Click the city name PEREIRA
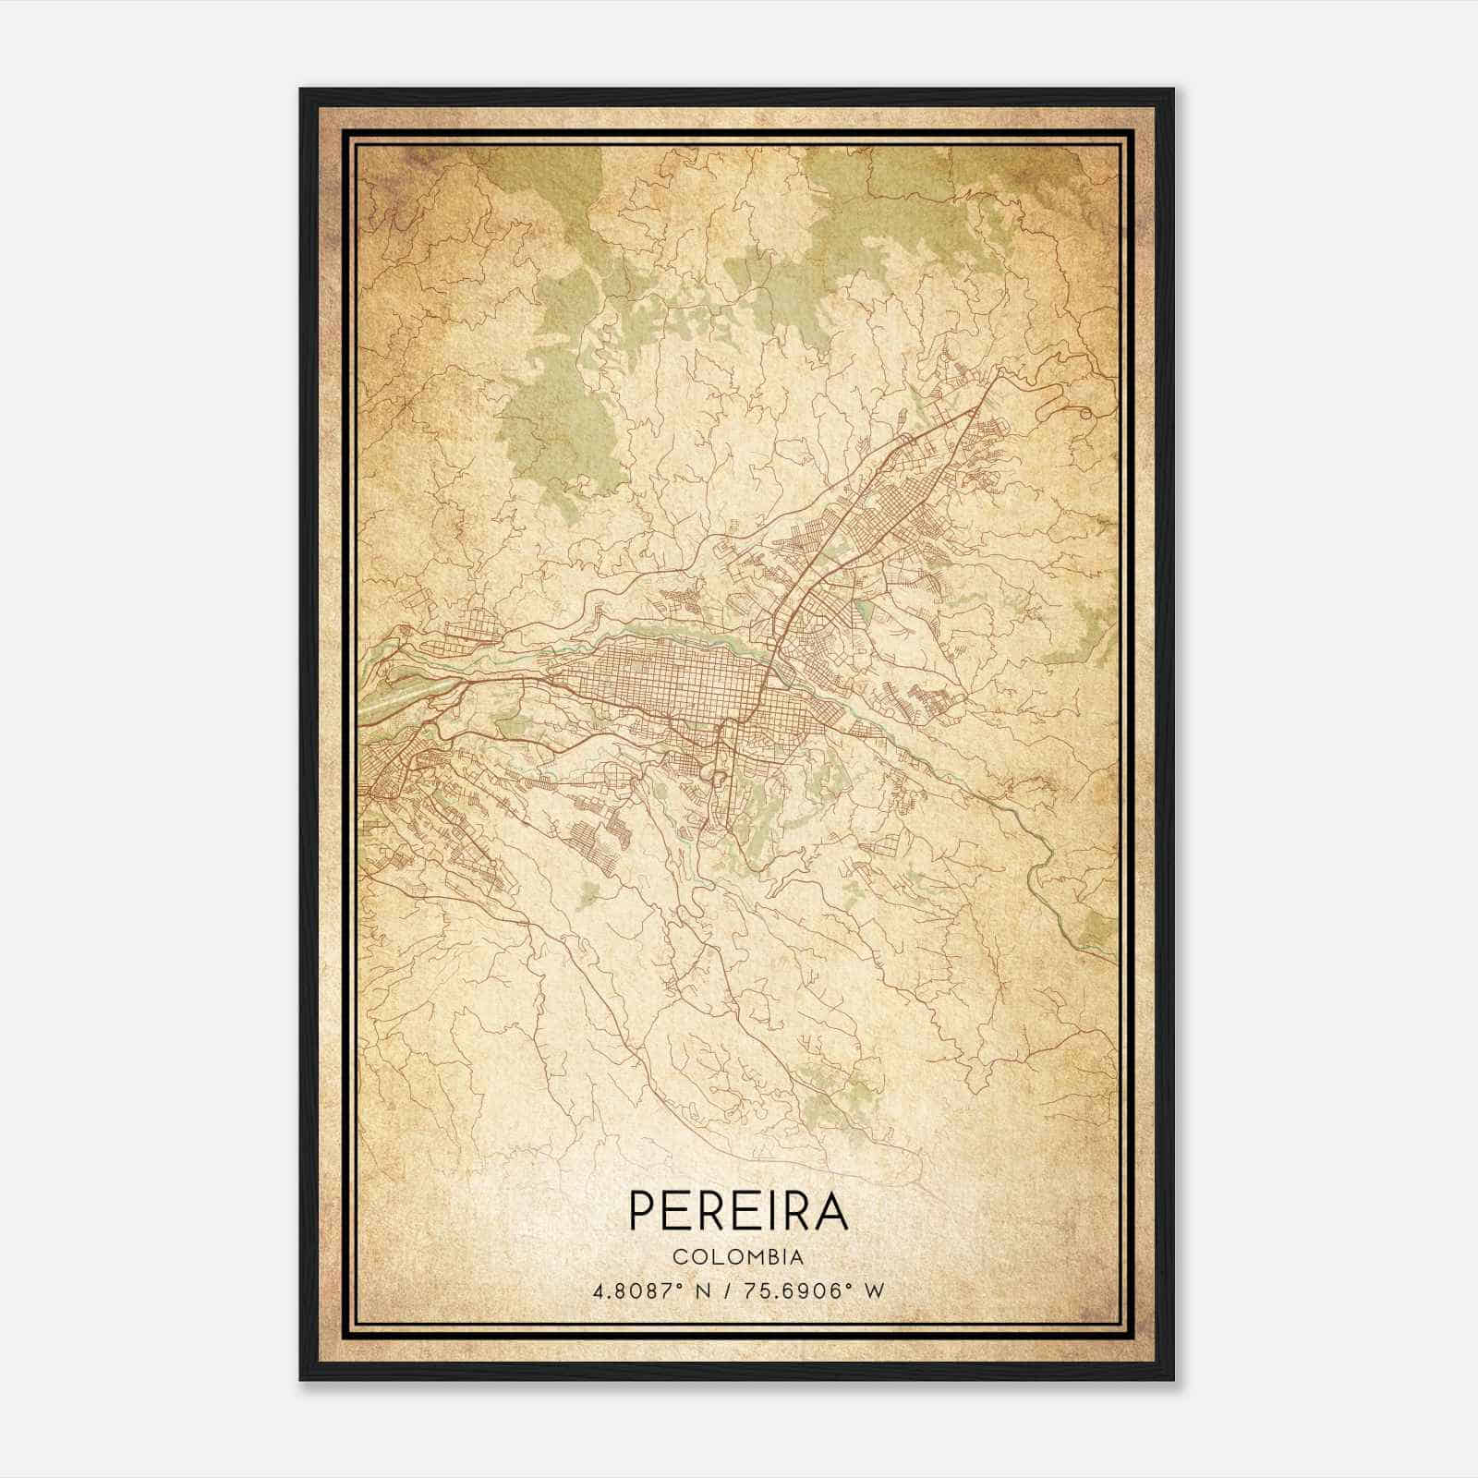(738, 1210)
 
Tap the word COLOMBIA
(738, 1257)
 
